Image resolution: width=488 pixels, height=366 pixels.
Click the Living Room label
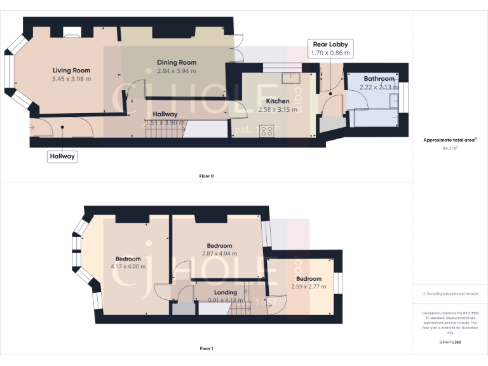[71, 71]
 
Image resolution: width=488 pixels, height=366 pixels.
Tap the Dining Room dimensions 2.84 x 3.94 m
[177, 71]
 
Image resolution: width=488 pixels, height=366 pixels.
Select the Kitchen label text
[278, 101]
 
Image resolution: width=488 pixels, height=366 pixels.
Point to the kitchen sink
[293, 78]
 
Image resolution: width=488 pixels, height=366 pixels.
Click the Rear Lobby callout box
[330, 48]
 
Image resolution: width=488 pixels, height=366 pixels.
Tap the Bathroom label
[379, 79]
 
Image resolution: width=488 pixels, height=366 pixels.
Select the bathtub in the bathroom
[375, 118]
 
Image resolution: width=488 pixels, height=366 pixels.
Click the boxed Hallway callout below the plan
[62, 156]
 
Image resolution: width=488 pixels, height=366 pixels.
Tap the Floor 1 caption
[206, 348]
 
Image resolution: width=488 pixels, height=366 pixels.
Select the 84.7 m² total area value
[450, 148]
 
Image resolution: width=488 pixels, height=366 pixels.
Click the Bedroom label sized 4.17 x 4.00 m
[128, 259]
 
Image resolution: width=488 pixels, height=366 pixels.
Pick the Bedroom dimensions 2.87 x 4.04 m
[219, 254]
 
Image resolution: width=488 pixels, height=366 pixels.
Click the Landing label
[226, 292]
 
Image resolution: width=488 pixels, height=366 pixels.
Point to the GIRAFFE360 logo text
[450, 342]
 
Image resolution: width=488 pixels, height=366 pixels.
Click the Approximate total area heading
[450, 140]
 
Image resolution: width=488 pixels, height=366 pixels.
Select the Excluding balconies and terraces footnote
[450, 294]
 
